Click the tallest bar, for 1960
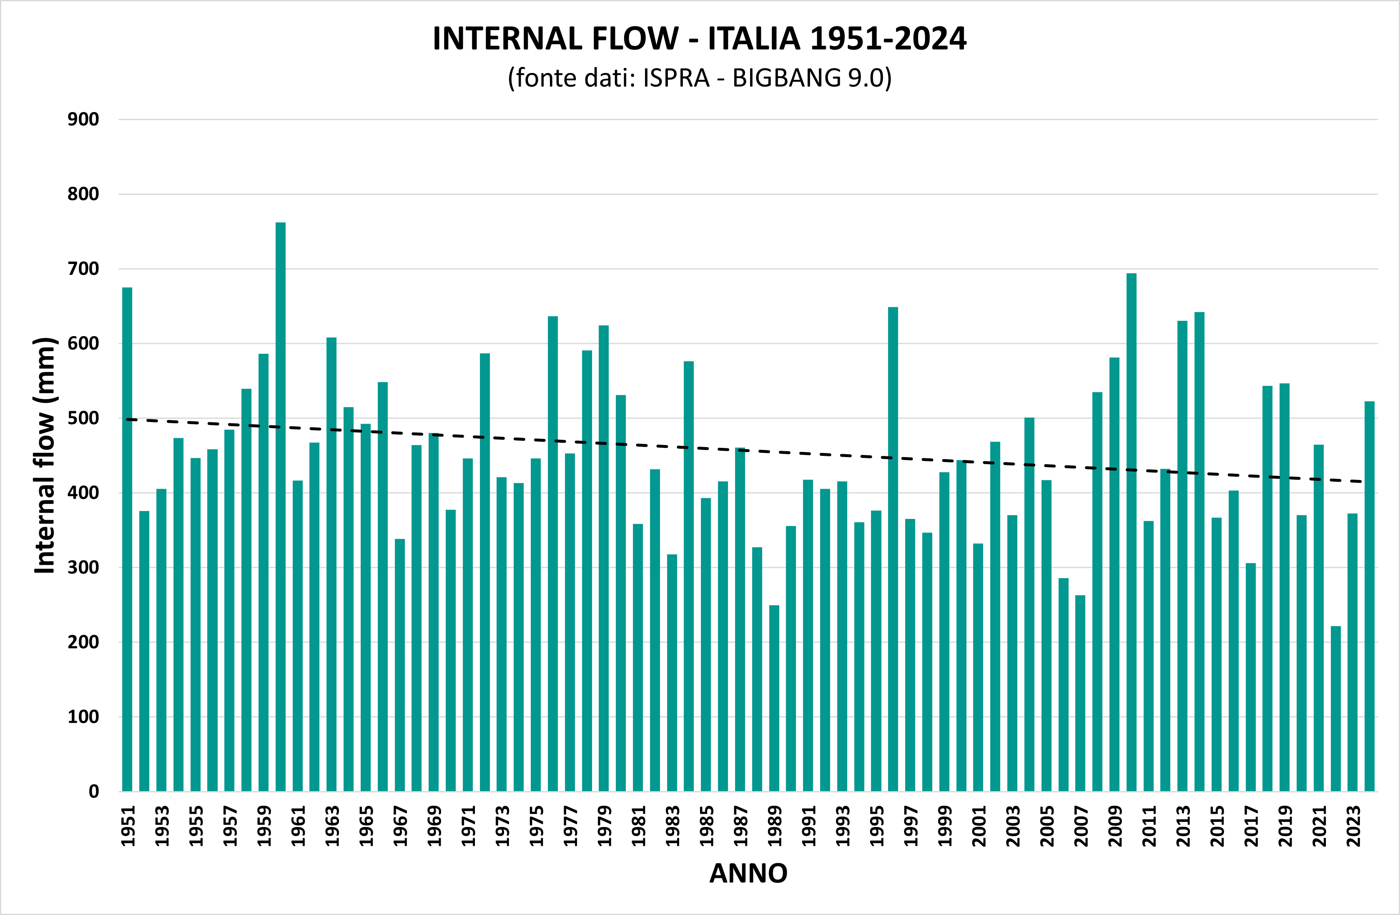(281, 506)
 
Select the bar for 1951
(127, 538)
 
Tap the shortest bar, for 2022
(1335, 709)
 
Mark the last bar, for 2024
(1370, 596)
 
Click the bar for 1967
(399, 665)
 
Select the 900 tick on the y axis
(83, 119)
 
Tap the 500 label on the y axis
(83, 418)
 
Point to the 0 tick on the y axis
(93, 792)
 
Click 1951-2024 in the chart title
(888, 39)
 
